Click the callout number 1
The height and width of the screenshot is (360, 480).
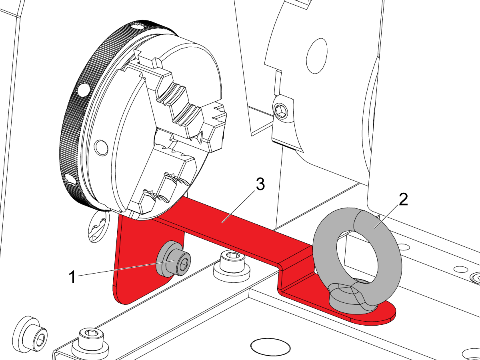(72, 277)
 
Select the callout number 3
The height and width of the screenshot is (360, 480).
(260, 185)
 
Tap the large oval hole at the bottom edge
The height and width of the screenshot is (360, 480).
(270, 346)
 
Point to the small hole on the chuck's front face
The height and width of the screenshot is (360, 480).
(101, 147)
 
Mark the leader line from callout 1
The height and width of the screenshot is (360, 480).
(120, 269)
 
